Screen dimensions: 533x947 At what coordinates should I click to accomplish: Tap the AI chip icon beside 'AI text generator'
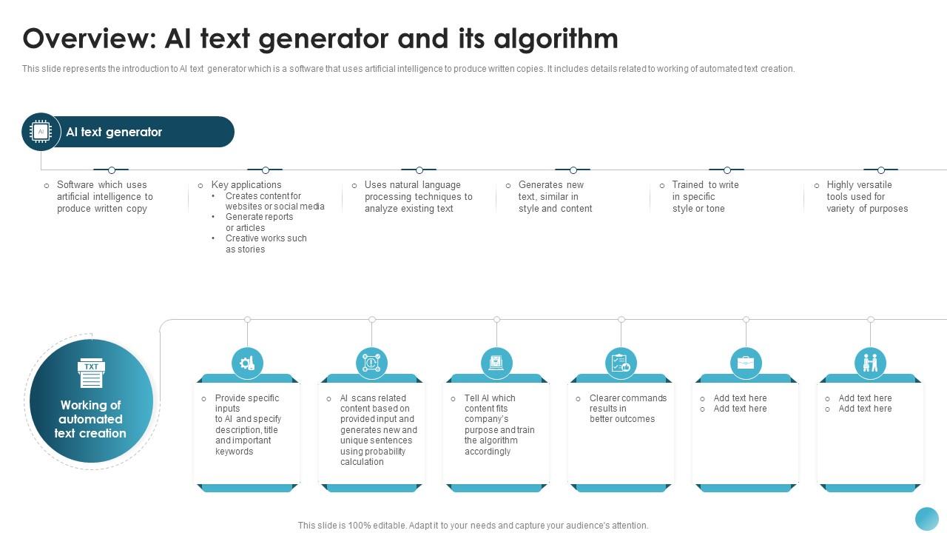click(x=41, y=132)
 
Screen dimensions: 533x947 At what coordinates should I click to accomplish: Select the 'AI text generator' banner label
click(x=114, y=132)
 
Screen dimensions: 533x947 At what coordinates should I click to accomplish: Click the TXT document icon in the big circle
click(x=91, y=374)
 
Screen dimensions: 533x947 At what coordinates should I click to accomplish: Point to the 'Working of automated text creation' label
click(x=90, y=419)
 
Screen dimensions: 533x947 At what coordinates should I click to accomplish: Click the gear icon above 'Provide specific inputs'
click(x=247, y=363)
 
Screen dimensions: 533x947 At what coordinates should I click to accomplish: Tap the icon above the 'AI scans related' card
click(x=371, y=363)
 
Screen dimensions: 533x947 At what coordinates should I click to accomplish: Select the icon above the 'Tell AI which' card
click(x=496, y=363)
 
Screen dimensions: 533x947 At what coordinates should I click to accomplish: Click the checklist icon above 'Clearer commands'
click(x=621, y=363)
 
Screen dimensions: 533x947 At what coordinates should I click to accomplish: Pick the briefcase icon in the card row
click(x=746, y=363)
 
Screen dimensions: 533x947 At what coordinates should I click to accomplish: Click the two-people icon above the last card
click(x=870, y=363)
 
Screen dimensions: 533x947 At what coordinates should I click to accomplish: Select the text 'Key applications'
click(x=246, y=185)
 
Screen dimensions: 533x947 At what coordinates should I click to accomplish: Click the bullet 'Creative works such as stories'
click(x=266, y=244)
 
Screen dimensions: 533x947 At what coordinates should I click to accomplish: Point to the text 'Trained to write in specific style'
click(x=705, y=197)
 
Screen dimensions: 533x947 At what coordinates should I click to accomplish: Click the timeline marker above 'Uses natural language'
click(x=419, y=170)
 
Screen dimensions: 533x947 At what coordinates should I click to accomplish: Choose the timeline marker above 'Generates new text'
click(x=573, y=170)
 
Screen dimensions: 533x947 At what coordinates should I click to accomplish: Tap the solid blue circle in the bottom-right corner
click(x=926, y=519)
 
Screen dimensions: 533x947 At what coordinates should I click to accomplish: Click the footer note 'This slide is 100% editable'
click(x=473, y=526)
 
